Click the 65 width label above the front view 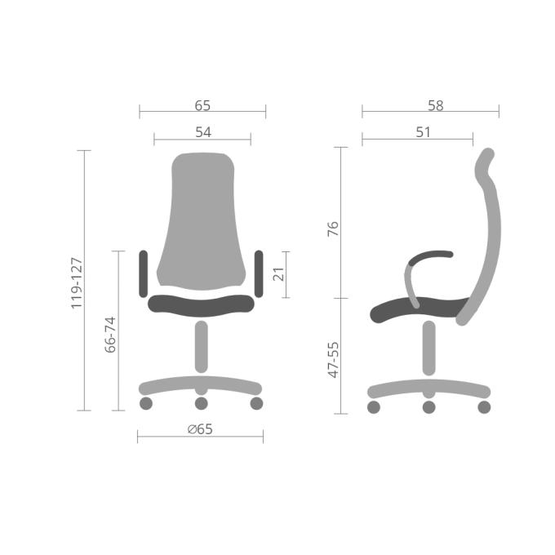tap(202, 105)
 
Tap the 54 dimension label tap(203, 132)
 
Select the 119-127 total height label tap(77, 283)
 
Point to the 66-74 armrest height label tap(110, 335)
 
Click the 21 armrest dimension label tap(278, 274)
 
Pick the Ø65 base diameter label tap(200, 429)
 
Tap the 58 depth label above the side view tap(435, 105)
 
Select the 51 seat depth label tap(424, 132)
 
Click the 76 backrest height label tap(333, 229)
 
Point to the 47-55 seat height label tap(333, 360)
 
